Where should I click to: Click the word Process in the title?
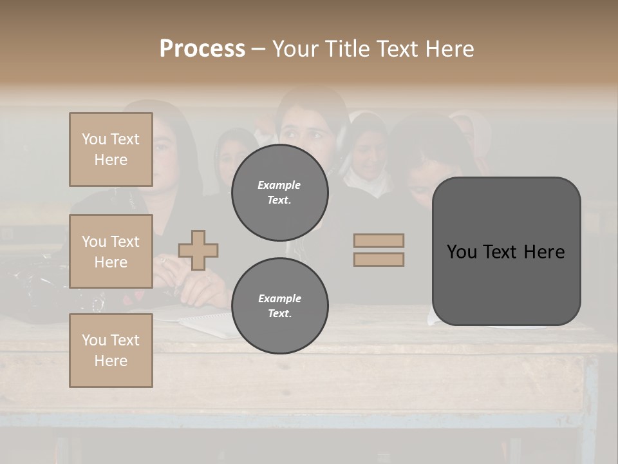click(x=202, y=49)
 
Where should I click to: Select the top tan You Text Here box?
click(x=111, y=150)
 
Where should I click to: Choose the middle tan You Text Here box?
click(x=111, y=251)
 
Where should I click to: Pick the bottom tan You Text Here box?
click(x=111, y=351)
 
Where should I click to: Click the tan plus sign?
click(x=198, y=250)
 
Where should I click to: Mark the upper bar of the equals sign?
click(x=379, y=241)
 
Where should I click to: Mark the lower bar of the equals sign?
click(x=379, y=259)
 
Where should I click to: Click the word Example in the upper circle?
click(x=279, y=185)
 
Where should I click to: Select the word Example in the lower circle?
click(x=279, y=298)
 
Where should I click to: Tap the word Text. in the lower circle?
click(x=279, y=314)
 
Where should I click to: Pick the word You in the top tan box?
click(x=94, y=139)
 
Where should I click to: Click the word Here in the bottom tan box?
click(x=111, y=361)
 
